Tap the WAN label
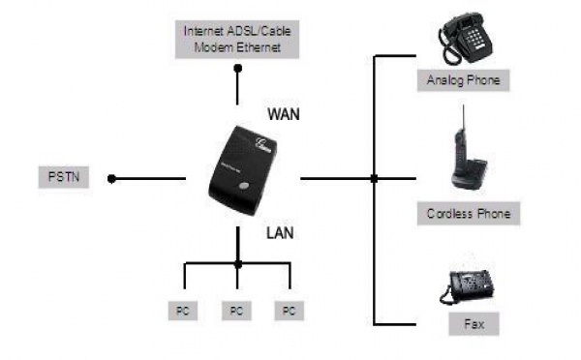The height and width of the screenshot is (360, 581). point(284,113)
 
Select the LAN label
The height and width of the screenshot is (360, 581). point(280,233)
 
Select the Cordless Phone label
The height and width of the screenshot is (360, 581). point(468,213)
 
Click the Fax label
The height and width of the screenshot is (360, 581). point(468,324)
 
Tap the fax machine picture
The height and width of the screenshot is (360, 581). point(467,287)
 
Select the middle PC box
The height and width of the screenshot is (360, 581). point(236,311)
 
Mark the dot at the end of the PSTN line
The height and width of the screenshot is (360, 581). point(112,178)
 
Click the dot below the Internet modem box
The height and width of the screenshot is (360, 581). point(237,68)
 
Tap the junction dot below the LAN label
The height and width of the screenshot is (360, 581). point(237,263)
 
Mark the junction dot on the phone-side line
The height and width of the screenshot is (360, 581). point(374,178)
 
